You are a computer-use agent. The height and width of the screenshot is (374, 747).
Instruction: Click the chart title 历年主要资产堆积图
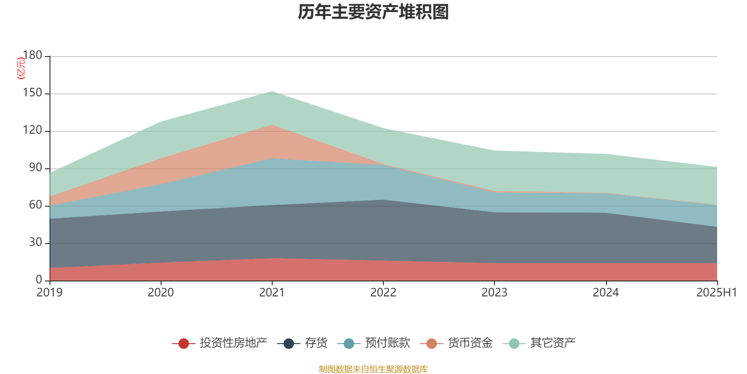tap(373, 12)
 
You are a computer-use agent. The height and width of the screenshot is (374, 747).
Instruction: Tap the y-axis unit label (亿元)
tap(21, 68)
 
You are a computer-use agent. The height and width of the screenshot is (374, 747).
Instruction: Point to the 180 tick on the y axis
tap(32, 55)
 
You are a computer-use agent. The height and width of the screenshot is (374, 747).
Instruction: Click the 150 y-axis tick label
tap(32, 93)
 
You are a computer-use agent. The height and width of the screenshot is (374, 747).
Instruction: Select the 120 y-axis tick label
tap(32, 130)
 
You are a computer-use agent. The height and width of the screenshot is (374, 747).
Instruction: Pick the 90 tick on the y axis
tap(35, 167)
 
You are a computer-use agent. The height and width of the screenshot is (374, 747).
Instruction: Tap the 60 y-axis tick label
tap(35, 205)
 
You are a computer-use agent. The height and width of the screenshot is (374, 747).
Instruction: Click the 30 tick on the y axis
tap(35, 242)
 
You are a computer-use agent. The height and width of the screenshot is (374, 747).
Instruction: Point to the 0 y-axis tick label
tap(39, 280)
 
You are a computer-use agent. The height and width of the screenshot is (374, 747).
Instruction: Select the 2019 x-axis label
tap(49, 293)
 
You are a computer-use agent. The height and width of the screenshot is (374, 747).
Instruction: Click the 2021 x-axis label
tap(272, 293)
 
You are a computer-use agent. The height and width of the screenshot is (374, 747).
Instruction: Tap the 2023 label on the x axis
tap(494, 293)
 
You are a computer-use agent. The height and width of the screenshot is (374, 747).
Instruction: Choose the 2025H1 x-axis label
tap(716, 293)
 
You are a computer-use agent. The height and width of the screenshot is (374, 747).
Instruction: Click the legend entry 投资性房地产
tap(220, 343)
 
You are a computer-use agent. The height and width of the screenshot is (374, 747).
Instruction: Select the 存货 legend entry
tap(302, 343)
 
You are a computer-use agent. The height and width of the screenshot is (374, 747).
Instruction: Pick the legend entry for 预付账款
tap(373, 343)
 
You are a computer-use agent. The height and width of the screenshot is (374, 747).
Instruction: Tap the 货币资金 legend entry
tap(456, 343)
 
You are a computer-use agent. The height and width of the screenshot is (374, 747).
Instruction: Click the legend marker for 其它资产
tap(514, 343)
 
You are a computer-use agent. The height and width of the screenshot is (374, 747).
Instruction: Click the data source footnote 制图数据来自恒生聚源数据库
tap(373, 369)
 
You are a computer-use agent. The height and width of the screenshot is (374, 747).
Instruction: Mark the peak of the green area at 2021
tap(272, 91)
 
